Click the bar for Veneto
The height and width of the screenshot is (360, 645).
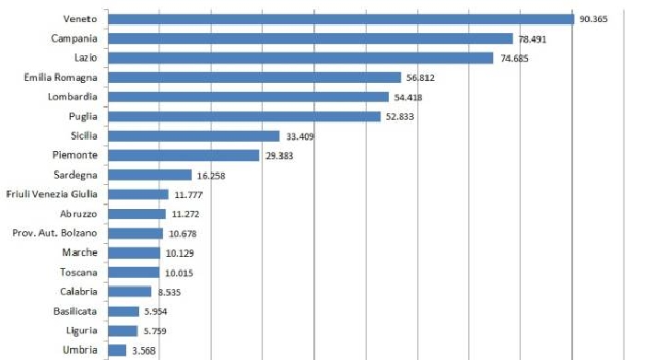click(340, 19)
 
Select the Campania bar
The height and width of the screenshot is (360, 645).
click(310, 39)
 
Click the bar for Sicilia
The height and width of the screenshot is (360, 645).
click(193, 135)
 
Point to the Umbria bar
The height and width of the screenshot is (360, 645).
click(116, 350)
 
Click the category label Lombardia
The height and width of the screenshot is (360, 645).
click(74, 97)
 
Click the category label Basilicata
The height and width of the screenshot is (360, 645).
click(76, 311)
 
